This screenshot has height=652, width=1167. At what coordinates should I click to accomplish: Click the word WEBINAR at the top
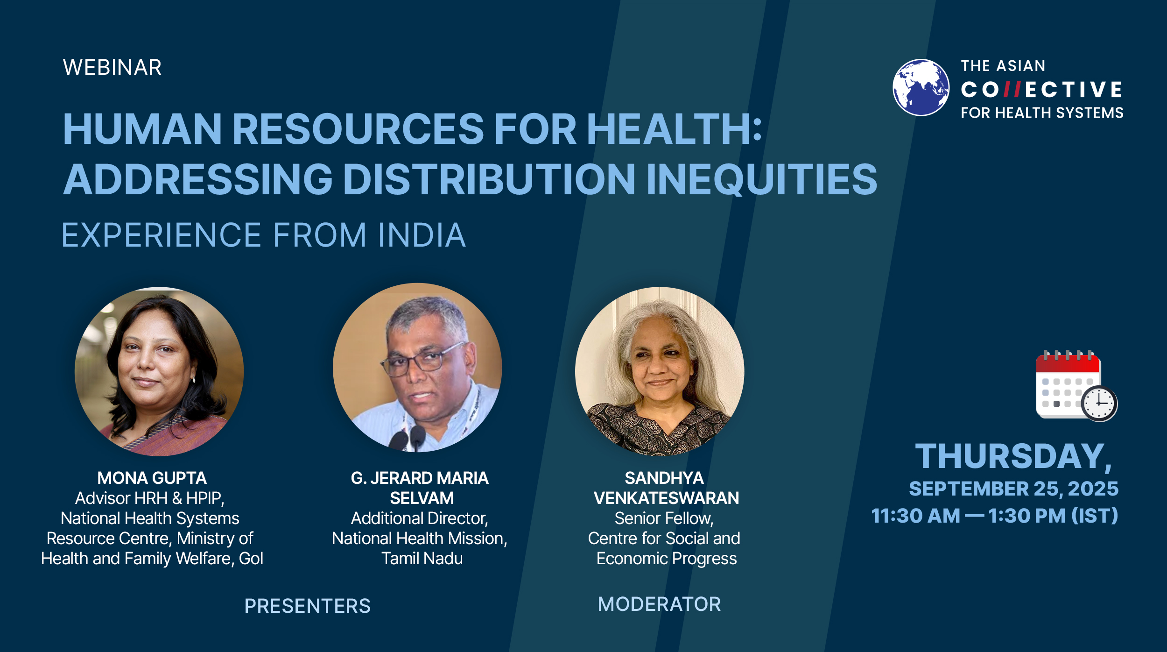pyautogui.click(x=112, y=67)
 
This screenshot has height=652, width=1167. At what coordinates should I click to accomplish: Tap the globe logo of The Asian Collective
pyautogui.click(x=921, y=87)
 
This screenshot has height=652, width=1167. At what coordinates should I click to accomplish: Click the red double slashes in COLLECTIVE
pyautogui.click(x=1012, y=89)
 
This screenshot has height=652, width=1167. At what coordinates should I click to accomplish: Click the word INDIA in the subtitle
pyautogui.click(x=422, y=234)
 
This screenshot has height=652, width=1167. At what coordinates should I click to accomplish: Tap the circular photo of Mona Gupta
pyautogui.click(x=159, y=371)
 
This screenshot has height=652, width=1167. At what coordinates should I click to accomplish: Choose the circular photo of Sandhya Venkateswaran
pyautogui.click(x=660, y=371)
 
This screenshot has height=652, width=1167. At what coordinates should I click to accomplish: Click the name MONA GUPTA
pyautogui.click(x=152, y=478)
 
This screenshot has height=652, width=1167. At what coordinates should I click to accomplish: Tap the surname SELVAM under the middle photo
pyautogui.click(x=422, y=498)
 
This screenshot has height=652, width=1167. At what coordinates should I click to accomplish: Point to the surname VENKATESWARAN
pyautogui.click(x=666, y=498)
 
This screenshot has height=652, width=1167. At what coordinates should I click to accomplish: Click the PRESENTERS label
pyautogui.click(x=307, y=606)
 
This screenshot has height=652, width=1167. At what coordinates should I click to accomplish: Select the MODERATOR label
pyautogui.click(x=659, y=604)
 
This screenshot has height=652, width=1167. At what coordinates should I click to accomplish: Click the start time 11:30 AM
pyautogui.click(x=915, y=516)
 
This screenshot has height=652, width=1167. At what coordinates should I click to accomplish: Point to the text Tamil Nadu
pyautogui.click(x=422, y=558)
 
